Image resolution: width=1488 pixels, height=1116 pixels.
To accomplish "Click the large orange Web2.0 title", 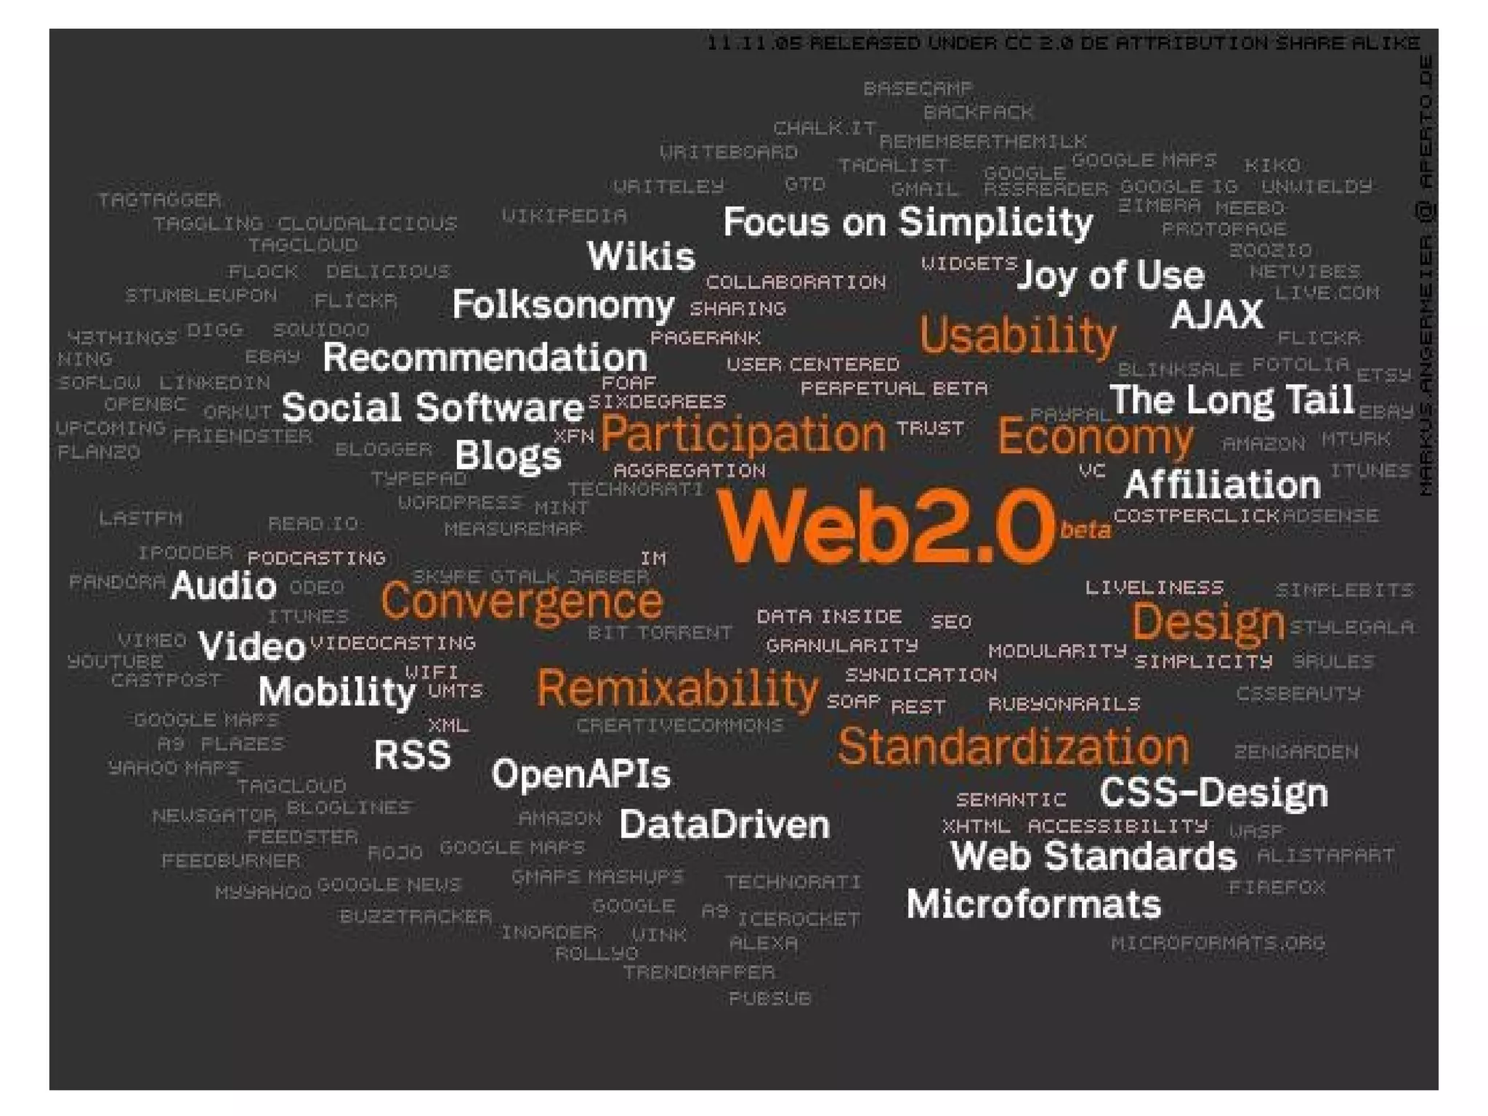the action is coord(885,525).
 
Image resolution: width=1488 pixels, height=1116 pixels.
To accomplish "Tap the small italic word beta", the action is coord(1085,530).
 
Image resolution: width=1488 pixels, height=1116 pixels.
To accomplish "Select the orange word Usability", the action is coord(1017,336).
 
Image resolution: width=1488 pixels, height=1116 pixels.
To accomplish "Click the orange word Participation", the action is coord(743,434).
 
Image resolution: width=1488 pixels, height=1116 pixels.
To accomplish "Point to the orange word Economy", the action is coord(1095,437).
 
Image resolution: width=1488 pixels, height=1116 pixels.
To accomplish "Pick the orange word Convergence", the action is coord(522,602).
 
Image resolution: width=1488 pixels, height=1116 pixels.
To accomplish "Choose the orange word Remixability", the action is coord(677,688).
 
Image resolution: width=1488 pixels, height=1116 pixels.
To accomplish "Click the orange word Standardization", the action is coord(1013,746).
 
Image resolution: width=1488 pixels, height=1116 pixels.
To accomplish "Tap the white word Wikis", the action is coord(641,256).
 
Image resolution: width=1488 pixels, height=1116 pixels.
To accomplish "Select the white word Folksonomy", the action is coord(563,304).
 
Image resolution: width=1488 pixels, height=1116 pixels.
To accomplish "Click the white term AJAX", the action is coord(1216,315).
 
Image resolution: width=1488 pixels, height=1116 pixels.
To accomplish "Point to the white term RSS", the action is coord(412,755).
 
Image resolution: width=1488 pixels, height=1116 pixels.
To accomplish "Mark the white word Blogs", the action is coord(508,456).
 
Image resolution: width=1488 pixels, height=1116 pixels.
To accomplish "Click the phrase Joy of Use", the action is coord(1110,275).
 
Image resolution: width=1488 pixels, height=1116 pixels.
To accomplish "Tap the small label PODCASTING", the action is coord(316,558).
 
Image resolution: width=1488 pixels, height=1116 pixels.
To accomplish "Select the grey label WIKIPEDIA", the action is coord(564,215).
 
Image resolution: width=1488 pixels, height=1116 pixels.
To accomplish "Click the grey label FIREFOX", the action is coord(1277,887).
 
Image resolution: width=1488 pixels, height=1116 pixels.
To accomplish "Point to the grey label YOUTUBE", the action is coord(116,661).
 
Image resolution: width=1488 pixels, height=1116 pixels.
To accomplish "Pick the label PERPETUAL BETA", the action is coord(894,389).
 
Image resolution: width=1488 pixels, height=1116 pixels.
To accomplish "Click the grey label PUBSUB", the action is coord(769,998).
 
